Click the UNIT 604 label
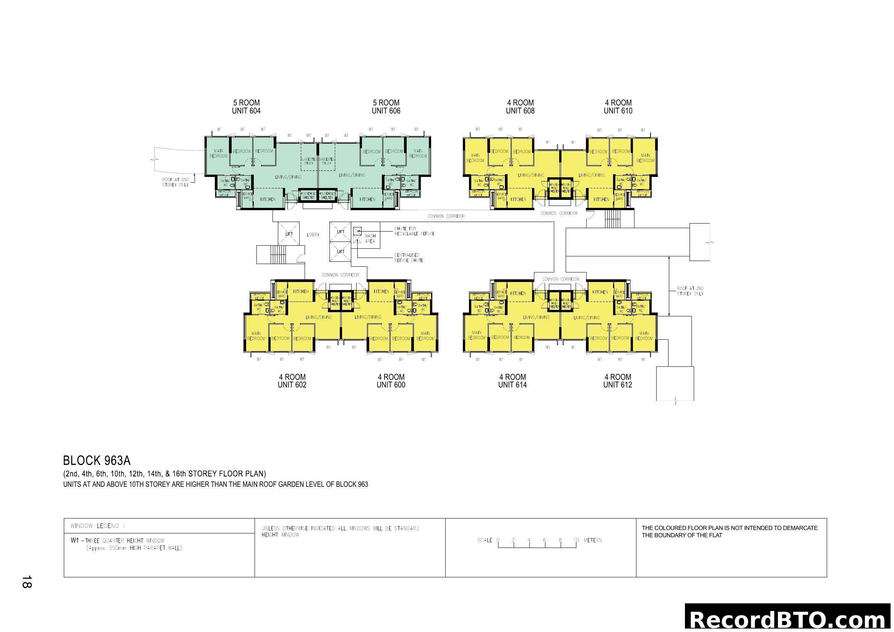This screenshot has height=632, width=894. (246, 111)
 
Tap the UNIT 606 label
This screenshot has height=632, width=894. (386, 111)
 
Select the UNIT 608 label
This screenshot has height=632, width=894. (520, 111)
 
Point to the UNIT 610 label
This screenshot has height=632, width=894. (618, 111)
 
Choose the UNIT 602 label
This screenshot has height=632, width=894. (292, 385)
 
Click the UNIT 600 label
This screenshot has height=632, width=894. (391, 385)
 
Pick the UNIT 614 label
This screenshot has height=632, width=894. (513, 385)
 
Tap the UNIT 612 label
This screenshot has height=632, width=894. (618, 385)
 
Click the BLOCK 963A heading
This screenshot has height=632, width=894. (97, 461)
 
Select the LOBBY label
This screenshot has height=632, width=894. (313, 235)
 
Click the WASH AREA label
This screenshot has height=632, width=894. (370, 238)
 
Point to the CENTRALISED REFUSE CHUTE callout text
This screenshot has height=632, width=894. (409, 258)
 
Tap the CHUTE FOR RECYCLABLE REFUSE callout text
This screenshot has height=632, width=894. (414, 231)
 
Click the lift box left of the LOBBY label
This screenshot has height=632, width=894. (289, 233)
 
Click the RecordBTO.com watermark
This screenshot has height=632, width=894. (789, 619)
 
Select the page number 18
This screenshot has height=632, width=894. (26, 582)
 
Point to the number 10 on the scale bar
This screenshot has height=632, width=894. (576, 540)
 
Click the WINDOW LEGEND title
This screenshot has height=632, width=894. (97, 526)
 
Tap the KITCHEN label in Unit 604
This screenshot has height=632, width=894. (268, 199)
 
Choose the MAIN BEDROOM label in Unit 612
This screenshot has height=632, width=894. (644, 335)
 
